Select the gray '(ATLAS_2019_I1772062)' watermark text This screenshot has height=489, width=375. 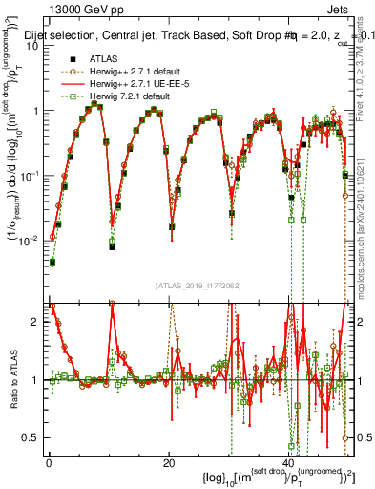click(x=198, y=286)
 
